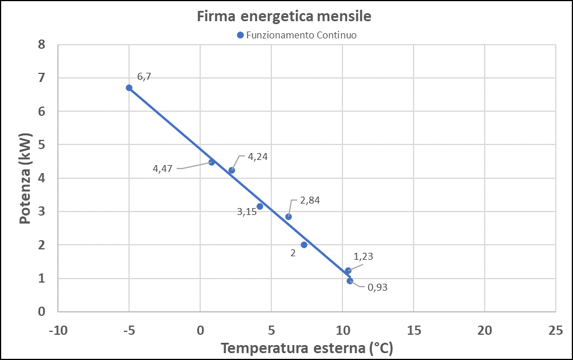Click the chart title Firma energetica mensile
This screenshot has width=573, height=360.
284,17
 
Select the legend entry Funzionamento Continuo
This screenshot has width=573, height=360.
297,35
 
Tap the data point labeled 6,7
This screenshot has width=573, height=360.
129,88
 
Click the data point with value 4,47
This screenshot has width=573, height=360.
212,162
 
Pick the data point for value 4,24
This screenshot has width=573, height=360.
232,170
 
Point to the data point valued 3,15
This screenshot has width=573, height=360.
260,206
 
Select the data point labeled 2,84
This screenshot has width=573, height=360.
289,217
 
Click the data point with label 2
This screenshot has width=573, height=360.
304,245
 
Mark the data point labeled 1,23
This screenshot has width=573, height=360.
348,271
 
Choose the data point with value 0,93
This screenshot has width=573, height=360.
350,281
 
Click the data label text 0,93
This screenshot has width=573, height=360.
377,287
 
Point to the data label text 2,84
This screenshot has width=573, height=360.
310,201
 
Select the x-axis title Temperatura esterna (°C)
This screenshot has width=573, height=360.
306,348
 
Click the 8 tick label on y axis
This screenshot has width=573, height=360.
41,44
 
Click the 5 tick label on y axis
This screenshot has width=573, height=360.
41,144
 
